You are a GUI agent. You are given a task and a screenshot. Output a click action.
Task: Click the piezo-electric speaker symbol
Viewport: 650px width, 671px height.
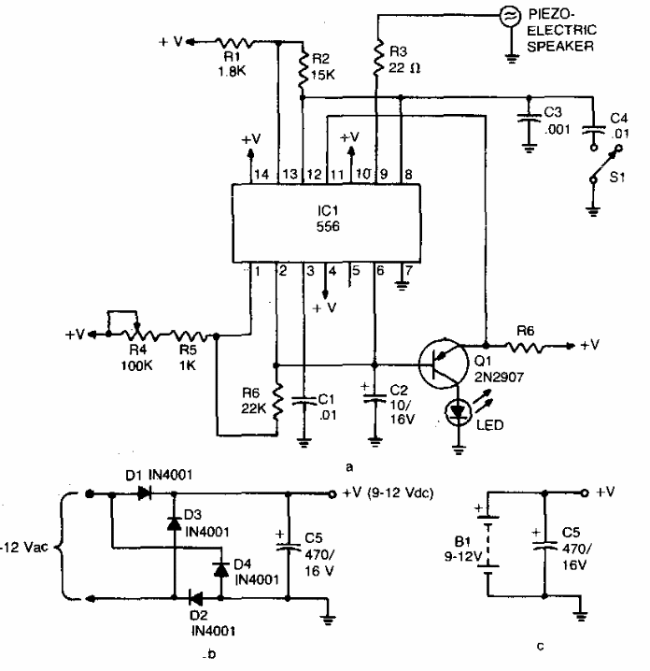pyautogui.click(x=510, y=16)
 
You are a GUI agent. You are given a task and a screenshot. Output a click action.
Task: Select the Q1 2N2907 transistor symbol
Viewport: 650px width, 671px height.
pyautogui.click(x=444, y=364)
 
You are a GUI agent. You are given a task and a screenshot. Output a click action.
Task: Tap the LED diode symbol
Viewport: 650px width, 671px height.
pyautogui.click(x=459, y=412)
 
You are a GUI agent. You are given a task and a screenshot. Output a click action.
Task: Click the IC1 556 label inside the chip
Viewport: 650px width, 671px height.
pyautogui.click(x=328, y=219)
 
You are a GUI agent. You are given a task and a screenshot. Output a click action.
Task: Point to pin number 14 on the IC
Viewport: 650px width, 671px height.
pyautogui.click(x=261, y=175)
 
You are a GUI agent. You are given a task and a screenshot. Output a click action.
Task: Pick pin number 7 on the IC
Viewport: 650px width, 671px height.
pyautogui.click(x=409, y=270)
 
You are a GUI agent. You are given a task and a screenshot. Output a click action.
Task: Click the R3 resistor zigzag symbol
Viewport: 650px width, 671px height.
pyautogui.click(x=377, y=58)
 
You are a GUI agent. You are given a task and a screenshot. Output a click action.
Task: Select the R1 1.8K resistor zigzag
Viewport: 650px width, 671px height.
pyautogui.click(x=235, y=42)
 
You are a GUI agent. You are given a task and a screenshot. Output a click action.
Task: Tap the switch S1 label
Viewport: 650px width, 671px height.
pyautogui.click(x=617, y=177)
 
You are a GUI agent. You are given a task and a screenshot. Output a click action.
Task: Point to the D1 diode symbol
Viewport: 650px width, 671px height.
pyautogui.click(x=144, y=493)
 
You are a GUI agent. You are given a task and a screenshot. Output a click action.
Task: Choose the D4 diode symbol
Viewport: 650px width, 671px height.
pyautogui.click(x=220, y=569)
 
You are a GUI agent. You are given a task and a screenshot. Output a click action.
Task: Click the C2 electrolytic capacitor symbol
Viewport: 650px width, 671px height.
pyautogui.click(x=374, y=397)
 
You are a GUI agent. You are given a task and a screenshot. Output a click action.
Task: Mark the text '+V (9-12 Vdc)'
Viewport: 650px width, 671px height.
pyautogui.click(x=388, y=493)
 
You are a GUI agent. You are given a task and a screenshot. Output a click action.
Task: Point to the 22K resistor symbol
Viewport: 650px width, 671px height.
pyautogui.click(x=277, y=401)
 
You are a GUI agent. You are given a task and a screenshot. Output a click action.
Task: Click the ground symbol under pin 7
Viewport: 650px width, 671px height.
pyautogui.click(x=402, y=285)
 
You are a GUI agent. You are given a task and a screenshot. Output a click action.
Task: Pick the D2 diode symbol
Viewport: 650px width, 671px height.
pyautogui.click(x=195, y=598)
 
